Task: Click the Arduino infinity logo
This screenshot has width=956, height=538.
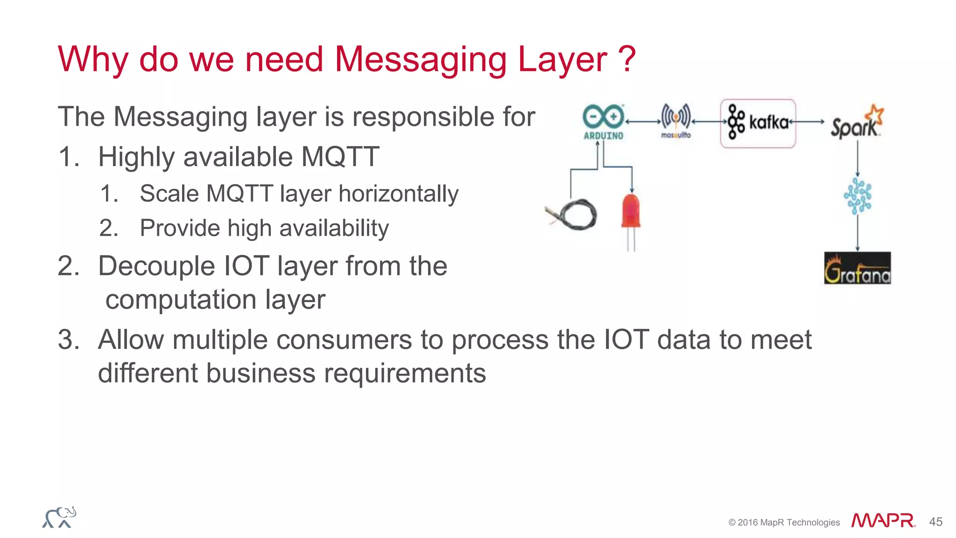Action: click(603, 117)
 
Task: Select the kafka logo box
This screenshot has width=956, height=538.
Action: click(758, 123)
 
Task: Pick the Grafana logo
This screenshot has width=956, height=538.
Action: click(857, 268)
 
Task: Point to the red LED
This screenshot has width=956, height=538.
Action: click(631, 212)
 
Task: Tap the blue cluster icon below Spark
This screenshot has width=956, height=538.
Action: click(858, 196)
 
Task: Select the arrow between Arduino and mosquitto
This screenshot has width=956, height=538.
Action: click(643, 121)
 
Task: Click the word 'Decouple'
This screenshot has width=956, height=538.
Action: click(157, 266)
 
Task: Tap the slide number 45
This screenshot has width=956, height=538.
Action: click(935, 522)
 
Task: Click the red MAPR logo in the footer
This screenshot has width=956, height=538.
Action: click(883, 520)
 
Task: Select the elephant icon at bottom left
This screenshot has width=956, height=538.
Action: click(59, 517)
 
